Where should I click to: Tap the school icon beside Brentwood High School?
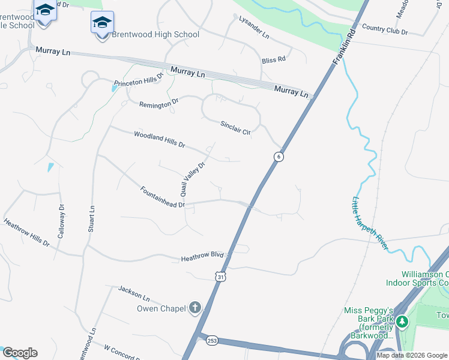102,24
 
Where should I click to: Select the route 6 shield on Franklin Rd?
278,157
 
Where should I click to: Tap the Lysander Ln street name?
254,28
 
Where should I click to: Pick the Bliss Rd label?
273,59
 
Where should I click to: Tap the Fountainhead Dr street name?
162,197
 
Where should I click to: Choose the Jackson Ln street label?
133,292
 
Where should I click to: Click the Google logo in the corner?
20,352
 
